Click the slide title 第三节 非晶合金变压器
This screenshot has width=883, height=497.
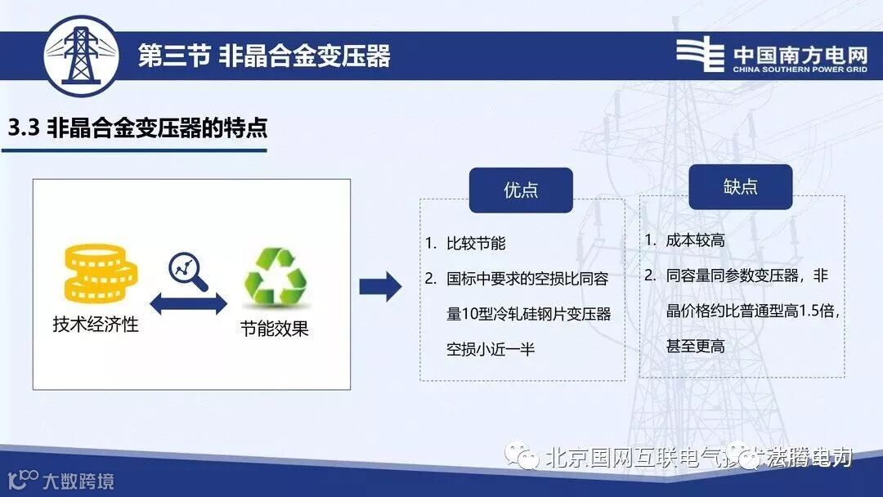264,56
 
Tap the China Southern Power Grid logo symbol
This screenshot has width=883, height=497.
700,55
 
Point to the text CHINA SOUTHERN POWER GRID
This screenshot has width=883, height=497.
800,70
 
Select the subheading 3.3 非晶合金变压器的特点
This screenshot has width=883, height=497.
137,128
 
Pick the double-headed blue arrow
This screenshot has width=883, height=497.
187,305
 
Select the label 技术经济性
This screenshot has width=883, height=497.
96,325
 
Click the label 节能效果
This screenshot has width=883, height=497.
275,329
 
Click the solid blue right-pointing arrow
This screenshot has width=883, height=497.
380,286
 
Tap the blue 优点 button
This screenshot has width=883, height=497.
521,190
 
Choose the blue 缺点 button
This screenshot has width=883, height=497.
740,187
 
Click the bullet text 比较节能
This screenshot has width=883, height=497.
476,244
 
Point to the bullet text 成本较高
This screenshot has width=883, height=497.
695,240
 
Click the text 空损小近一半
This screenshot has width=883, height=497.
491,349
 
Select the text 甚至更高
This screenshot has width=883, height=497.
695,347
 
